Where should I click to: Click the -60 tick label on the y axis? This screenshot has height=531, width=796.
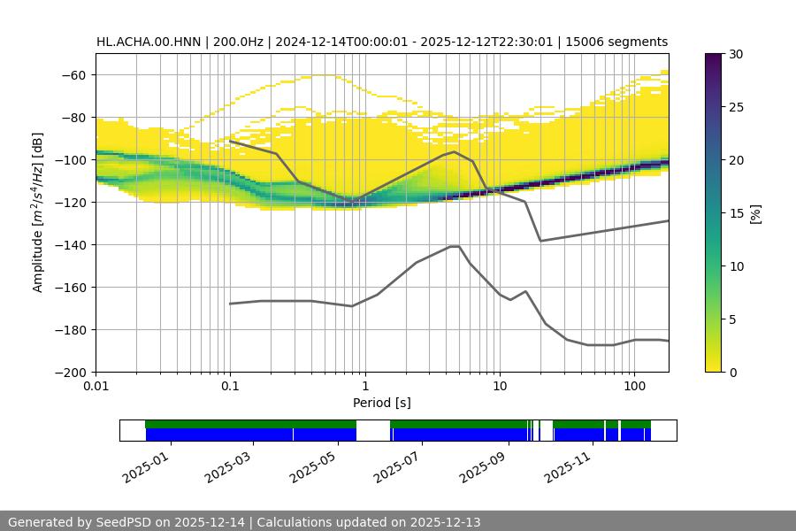73,74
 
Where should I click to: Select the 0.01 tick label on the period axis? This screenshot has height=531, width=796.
96,387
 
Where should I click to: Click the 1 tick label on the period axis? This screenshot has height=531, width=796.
364,387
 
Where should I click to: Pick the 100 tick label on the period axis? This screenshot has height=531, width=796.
633,387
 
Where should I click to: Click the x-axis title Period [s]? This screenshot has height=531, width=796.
382,403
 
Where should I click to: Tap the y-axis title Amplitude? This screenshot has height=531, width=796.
37,212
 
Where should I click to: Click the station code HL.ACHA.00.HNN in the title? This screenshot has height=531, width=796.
150,42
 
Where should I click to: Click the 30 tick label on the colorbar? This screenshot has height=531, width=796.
736,54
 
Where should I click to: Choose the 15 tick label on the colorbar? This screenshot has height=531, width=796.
736,213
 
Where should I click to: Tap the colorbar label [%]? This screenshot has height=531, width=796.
755,213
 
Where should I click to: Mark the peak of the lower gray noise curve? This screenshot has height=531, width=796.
455,246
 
